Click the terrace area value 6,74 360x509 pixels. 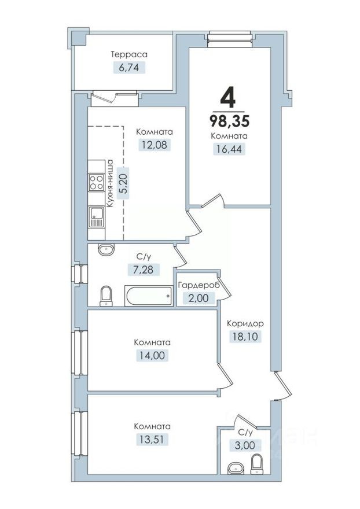[130, 67]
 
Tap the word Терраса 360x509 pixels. [130, 54]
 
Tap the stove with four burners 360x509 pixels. [95, 183]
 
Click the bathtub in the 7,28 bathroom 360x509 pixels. [149, 297]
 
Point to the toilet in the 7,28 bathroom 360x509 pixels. [106, 296]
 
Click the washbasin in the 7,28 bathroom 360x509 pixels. [106, 250]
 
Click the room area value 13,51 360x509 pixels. [152, 439]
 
